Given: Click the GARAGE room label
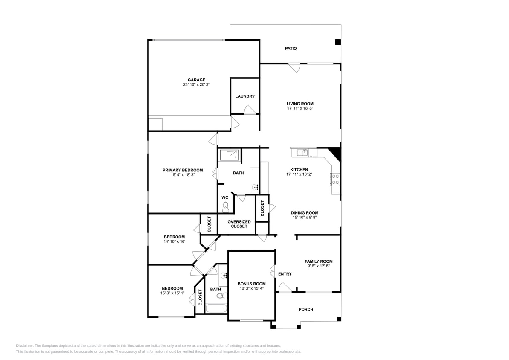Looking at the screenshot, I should pyautogui.click(x=196, y=80).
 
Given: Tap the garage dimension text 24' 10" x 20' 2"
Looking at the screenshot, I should pyautogui.click(x=196, y=85).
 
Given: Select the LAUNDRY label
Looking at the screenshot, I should pyautogui.click(x=245, y=96).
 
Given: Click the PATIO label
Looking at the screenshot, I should pyautogui.click(x=291, y=49).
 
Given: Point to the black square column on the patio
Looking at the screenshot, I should pyautogui.click(x=337, y=42).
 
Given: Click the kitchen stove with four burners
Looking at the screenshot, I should pyautogui.click(x=335, y=179).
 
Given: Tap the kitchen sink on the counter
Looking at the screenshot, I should pyautogui.click(x=303, y=152).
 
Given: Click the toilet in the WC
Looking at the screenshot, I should pyautogui.click(x=226, y=207).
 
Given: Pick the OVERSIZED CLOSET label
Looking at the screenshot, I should pyautogui.click(x=239, y=224).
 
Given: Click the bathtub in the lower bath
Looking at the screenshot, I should pyautogui.click(x=216, y=308).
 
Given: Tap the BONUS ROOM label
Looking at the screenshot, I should pyautogui.click(x=251, y=284).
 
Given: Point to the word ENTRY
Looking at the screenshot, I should pyautogui.click(x=285, y=274).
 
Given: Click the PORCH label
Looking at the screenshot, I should pyautogui.click(x=305, y=309).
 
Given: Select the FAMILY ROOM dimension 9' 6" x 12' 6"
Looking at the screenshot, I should pyautogui.click(x=318, y=266).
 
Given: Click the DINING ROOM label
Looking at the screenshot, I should pyautogui.click(x=304, y=213).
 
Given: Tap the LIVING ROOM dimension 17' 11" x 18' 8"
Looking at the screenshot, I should pyautogui.click(x=300, y=108).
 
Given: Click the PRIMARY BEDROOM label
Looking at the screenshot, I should pyautogui.click(x=182, y=170).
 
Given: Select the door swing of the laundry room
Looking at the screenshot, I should pyautogui.click(x=250, y=110).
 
